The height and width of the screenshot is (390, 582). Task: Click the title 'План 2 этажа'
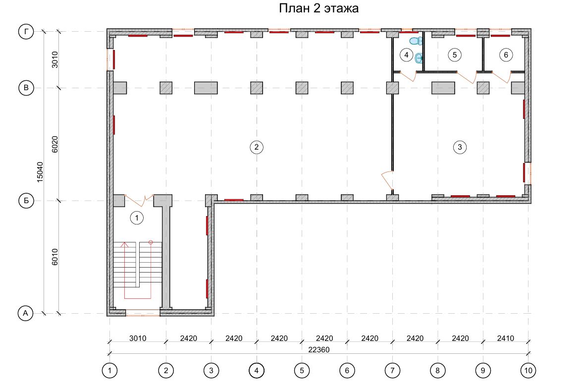(x=318, y=8)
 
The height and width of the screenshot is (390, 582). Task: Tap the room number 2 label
(x=257, y=147)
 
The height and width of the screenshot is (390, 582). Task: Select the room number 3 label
(x=460, y=147)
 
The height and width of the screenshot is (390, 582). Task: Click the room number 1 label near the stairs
(x=137, y=218)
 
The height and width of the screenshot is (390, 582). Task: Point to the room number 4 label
(x=407, y=55)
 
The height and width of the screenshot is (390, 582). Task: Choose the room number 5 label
(x=455, y=55)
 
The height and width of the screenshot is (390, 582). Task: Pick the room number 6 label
(x=506, y=55)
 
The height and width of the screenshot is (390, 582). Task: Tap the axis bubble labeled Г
(x=26, y=32)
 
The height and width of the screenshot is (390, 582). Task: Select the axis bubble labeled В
(x=26, y=88)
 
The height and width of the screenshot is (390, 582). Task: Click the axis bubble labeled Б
(x=26, y=201)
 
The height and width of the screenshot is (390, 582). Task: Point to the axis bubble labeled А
(x=26, y=313)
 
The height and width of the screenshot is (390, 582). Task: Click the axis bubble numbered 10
(x=528, y=370)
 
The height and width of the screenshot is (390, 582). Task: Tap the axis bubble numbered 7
(x=392, y=370)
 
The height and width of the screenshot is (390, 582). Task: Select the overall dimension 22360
(x=319, y=349)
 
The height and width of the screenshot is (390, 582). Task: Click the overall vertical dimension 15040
(x=40, y=172)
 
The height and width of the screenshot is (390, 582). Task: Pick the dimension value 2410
(x=506, y=338)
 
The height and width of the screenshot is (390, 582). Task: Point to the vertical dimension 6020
(x=55, y=144)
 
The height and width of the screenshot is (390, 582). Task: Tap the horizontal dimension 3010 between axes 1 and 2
(x=138, y=338)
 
